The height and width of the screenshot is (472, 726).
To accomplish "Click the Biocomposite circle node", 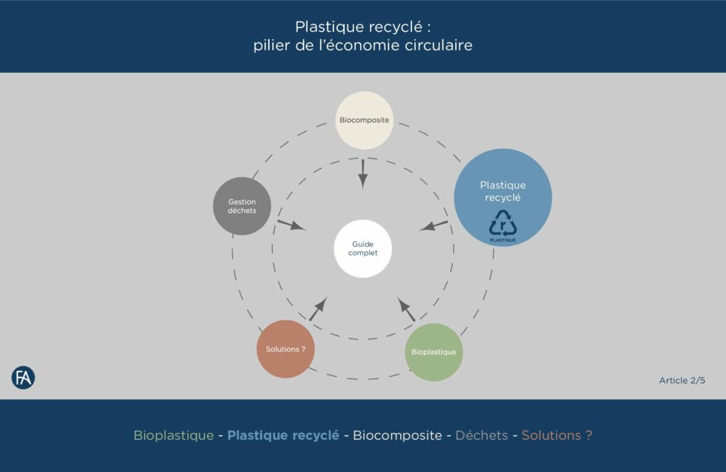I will coord(364,120).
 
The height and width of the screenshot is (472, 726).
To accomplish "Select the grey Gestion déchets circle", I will coord(242,206).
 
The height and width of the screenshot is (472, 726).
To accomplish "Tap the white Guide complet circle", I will coord(363,249).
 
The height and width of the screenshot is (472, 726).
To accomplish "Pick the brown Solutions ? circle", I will coord(285,349).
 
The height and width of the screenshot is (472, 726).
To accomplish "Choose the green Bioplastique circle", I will coord(434,352).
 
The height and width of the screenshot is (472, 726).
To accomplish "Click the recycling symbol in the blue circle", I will coord(503,223).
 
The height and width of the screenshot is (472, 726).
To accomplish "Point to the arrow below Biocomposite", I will coord(363,173).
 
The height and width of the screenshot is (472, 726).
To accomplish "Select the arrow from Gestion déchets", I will coord(291,225).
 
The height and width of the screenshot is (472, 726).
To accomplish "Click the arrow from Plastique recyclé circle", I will coord(434,226).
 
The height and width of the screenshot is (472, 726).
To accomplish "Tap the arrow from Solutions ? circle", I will coord(318,309).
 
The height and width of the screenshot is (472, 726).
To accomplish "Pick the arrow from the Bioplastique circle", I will coord(407,310).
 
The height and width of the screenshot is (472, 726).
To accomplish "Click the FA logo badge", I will coord(23,378).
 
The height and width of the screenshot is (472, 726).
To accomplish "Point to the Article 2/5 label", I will coord(682,381).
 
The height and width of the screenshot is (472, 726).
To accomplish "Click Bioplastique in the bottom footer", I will coord(174,435).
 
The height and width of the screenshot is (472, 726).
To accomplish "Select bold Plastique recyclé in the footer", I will coord(283,435).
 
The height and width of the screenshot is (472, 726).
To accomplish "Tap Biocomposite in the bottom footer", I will coord(397,435).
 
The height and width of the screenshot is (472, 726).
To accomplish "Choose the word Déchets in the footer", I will coord(481,435).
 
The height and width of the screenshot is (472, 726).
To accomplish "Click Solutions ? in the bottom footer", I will coord(557,435).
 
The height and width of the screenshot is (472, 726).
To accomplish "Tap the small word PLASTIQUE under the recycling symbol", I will coord(503,240).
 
